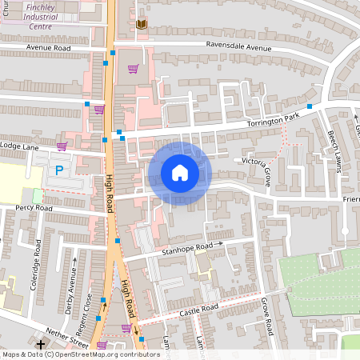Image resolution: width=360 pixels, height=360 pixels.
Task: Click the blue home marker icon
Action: pyautogui.click(x=180, y=173)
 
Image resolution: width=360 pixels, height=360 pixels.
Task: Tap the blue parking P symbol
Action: pyautogui.click(x=58, y=170)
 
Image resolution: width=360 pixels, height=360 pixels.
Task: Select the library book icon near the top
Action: pyautogui.click(x=142, y=25)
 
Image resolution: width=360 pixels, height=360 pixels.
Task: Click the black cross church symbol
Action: pyautogui.click(x=40, y=343)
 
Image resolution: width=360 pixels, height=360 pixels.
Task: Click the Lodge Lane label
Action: pyautogui.click(x=19, y=146)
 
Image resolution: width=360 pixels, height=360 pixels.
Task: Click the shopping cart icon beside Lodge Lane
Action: pyautogui.click(x=62, y=146)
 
